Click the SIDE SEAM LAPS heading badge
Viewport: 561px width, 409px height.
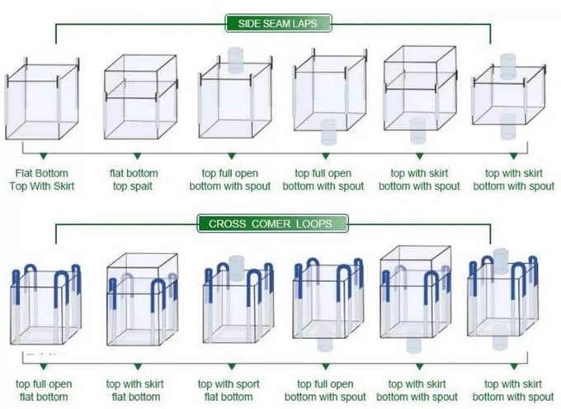pyautogui.click(x=278, y=24)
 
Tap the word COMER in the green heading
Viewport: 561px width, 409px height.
pyautogui.click(x=271, y=223)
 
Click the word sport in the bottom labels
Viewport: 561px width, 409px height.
pyautogui.click(x=245, y=384)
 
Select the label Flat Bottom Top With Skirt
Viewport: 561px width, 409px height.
pyautogui.click(x=42, y=180)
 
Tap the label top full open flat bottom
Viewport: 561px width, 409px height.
pyautogui.click(x=44, y=390)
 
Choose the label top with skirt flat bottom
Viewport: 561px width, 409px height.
pyautogui.click(x=135, y=390)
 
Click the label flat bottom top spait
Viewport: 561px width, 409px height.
pyautogui.click(x=134, y=180)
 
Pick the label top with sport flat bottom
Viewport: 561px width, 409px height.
pyautogui.click(x=229, y=390)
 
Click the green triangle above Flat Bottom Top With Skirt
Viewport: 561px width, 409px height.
pyautogui.click(x=44, y=156)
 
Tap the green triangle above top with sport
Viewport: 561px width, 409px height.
pyautogui.click(x=232, y=366)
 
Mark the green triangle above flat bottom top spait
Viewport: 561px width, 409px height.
pyautogui.click(x=138, y=156)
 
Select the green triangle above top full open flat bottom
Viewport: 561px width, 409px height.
pyautogui.click(x=44, y=366)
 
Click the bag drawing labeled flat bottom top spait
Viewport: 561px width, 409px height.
pyautogui.click(x=140, y=96)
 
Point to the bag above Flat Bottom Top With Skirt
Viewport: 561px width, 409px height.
pyautogui.click(x=42, y=98)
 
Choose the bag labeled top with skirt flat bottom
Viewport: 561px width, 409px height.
pyautogui.click(x=143, y=299)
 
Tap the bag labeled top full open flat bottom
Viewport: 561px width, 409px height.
pyautogui.click(x=45, y=304)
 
